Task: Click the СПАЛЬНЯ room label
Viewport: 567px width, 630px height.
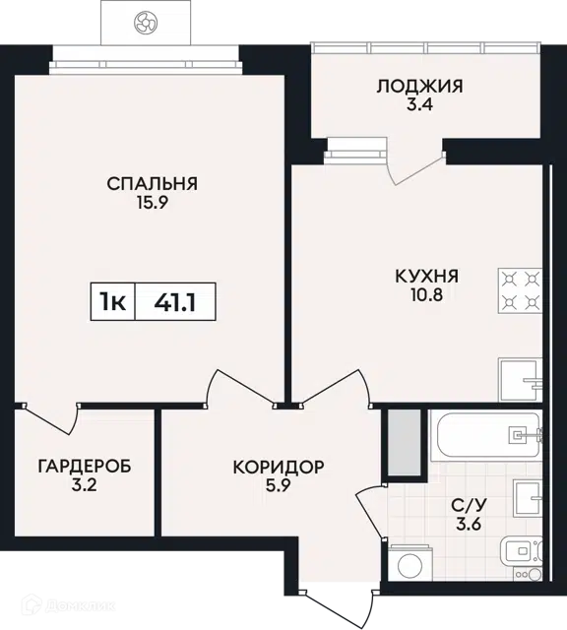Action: coord(152,184)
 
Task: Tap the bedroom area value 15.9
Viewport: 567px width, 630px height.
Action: coord(152,203)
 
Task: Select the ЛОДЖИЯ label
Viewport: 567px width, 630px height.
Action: coord(419,86)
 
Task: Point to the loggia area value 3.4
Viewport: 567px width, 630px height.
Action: coord(419,104)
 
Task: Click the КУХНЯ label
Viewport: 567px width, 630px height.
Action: coord(427,277)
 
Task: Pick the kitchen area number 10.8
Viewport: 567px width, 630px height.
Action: coord(427,295)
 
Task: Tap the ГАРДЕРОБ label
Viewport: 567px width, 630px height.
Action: coord(85,467)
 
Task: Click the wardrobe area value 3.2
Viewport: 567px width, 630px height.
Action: coord(85,485)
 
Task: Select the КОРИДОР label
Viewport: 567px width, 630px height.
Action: coord(279,467)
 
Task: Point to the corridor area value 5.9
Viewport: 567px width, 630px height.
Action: coord(279,485)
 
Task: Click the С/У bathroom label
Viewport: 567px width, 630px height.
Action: coord(469,505)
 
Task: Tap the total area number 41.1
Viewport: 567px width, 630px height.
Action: coord(175,302)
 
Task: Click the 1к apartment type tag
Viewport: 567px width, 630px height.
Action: coord(113,302)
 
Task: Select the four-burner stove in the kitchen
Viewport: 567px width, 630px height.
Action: coord(520,290)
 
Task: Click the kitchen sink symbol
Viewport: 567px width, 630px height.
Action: coord(520,380)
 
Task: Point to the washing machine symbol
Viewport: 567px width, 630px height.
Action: coord(410,563)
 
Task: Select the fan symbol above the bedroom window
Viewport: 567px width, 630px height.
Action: coord(146,22)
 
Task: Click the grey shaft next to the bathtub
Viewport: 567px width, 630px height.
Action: coord(405,442)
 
